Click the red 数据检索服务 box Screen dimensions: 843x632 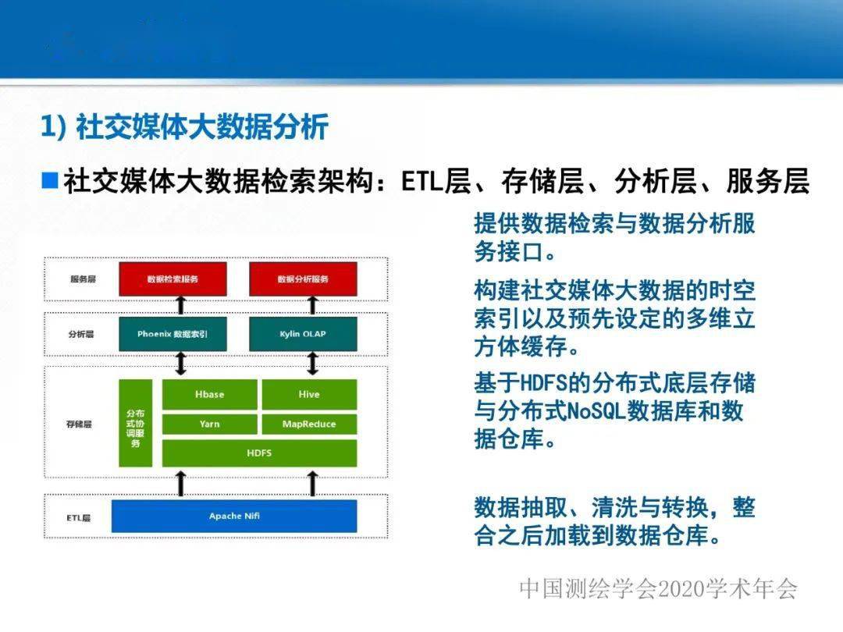pos(173,279)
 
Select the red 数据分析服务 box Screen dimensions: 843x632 pos(303,279)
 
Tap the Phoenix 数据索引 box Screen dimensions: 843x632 pos(173,334)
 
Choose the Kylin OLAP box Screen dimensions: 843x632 pos(303,334)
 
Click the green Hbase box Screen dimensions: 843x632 pos(210,395)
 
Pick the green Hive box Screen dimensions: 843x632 pos(309,395)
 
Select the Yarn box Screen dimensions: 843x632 pos(210,424)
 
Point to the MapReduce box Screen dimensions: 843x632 pos(309,424)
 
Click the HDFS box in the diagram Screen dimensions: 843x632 pos(259,453)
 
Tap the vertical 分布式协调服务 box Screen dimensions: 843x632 pos(136,423)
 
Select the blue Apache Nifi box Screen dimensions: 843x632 pos(234,516)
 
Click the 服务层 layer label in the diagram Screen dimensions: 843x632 pos(83,279)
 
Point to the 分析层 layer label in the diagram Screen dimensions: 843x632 pos(81,334)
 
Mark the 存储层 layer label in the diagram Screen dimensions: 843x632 pos(79,424)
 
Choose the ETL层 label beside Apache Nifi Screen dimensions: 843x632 pos(79,518)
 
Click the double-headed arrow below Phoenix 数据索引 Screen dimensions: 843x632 pos(181,364)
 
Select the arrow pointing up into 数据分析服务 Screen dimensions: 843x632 pos(312,305)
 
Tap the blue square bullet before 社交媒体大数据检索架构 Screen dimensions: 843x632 pos(50,180)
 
